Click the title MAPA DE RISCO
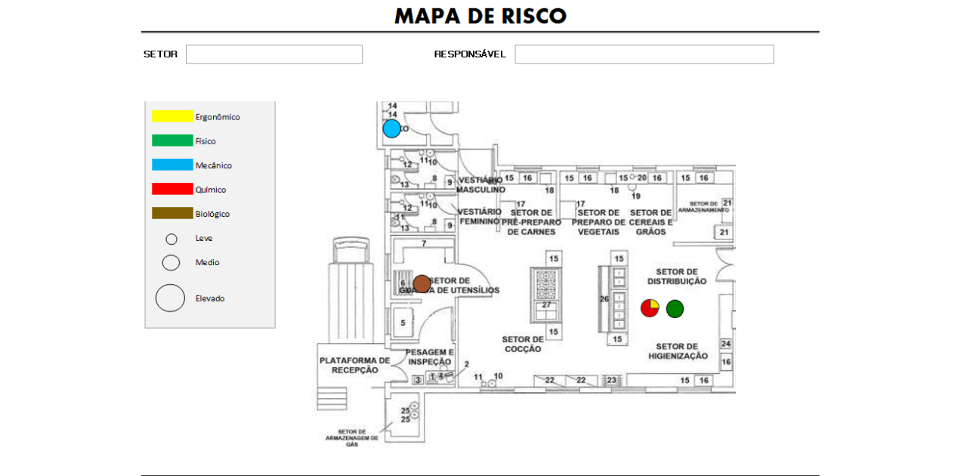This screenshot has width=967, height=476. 480,16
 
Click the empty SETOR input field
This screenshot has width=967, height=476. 274,54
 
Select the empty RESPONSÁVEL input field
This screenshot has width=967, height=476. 644,54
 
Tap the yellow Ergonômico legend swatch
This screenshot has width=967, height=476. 172,116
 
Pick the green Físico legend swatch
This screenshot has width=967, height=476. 172,141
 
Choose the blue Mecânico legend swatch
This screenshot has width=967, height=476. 172,165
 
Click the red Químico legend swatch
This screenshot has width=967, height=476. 172,189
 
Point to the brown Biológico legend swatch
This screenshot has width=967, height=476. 172,213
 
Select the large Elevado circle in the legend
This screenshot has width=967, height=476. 170,298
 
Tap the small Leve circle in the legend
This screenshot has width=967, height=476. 171,239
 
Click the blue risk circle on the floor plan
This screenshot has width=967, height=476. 391,128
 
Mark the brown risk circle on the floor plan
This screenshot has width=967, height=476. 422,284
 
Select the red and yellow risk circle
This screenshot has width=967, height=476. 650,308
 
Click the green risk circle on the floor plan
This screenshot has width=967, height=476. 675,308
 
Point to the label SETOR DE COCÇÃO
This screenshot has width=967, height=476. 523,344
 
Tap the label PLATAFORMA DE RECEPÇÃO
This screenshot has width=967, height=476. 354,365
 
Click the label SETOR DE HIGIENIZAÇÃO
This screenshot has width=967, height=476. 678,351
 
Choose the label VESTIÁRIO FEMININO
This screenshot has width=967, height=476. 479,216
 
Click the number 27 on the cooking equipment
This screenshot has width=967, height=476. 546,304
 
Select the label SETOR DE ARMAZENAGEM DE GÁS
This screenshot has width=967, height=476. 351,438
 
